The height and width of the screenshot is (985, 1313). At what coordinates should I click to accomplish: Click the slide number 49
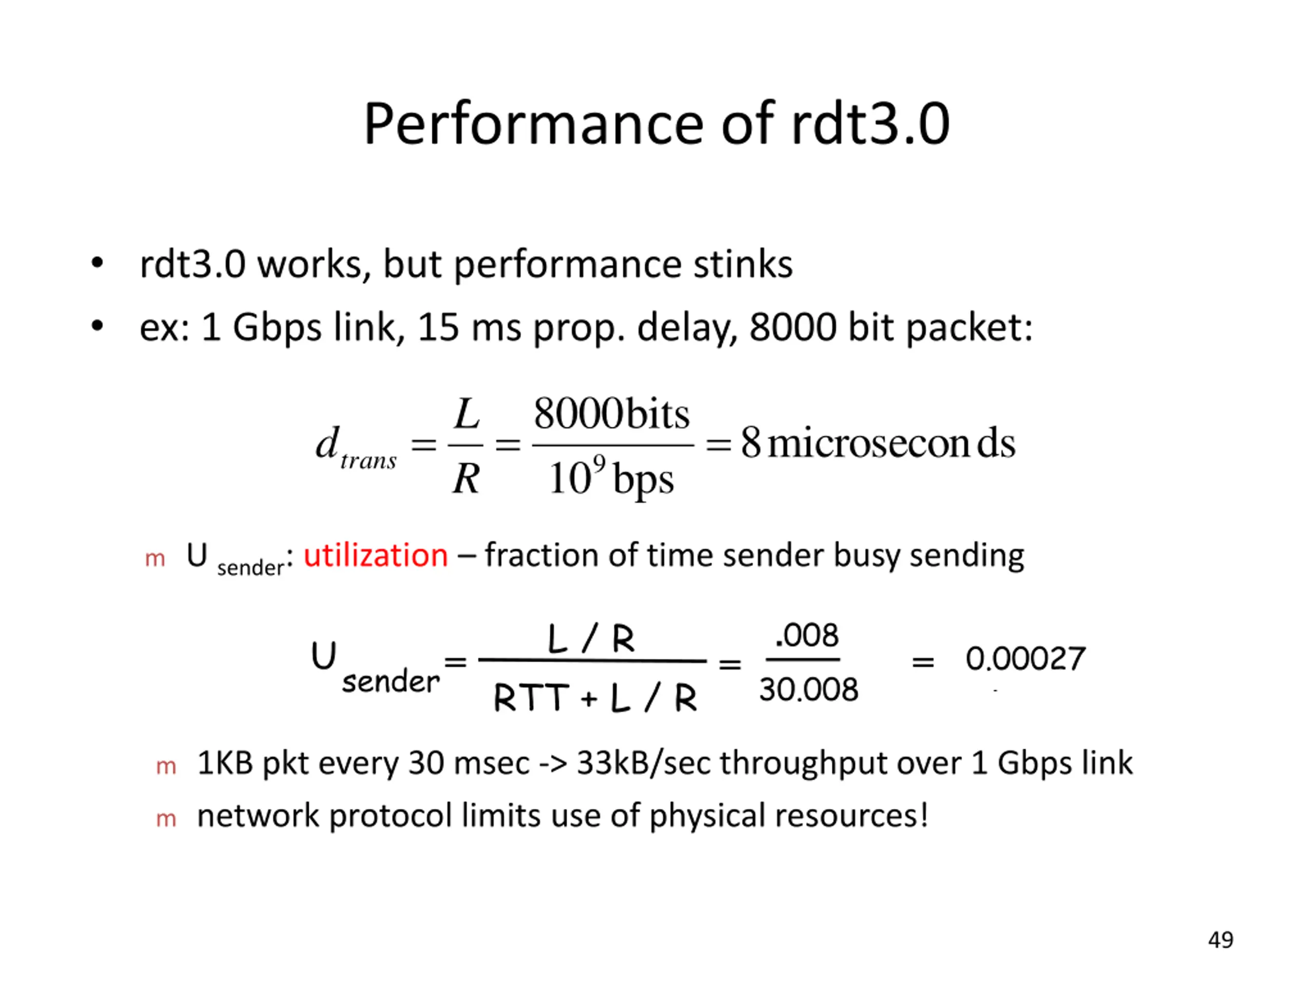click(x=1220, y=940)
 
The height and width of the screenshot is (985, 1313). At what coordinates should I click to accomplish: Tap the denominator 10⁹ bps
click(x=611, y=479)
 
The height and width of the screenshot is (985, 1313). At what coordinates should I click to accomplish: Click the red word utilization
click(x=375, y=556)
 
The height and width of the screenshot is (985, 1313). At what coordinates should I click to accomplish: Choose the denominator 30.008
click(x=808, y=690)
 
